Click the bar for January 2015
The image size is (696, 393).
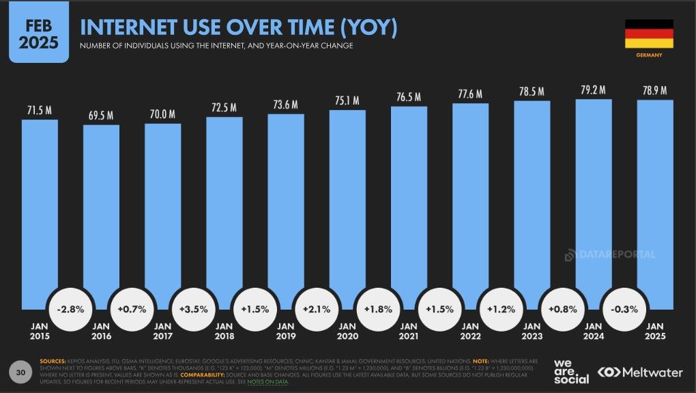click(40, 205)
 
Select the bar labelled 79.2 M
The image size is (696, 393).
click(594, 198)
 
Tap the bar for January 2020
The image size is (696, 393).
click(347, 205)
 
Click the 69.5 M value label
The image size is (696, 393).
click(101, 115)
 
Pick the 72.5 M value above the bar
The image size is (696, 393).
click(224, 107)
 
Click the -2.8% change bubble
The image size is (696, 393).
click(71, 309)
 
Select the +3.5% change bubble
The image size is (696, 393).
click(194, 309)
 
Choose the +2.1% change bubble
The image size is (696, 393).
click(317, 309)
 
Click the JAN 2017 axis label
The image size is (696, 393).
click(162, 331)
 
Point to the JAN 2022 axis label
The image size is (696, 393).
click(470, 331)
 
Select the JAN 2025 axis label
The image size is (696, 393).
click(655, 331)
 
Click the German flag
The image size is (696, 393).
click(649, 33)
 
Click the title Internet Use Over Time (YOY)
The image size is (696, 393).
click(239, 27)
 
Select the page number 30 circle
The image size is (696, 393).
click(20, 372)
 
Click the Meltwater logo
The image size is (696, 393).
click(639, 372)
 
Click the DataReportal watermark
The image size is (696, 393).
click(610, 254)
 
